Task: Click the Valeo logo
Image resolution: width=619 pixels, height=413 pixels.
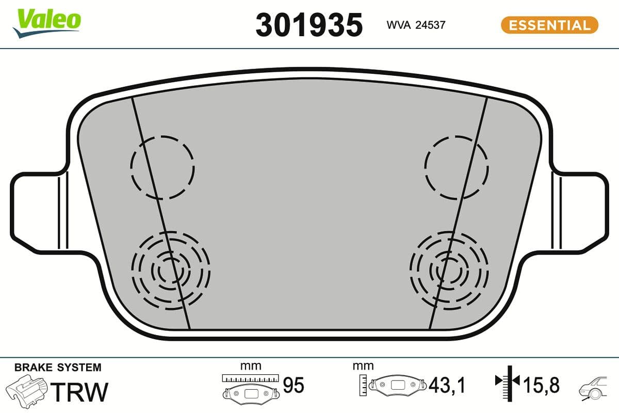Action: point(47,22)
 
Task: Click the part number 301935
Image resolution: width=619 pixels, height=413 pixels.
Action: point(309,24)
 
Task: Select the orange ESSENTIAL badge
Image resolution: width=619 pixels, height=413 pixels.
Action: point(549,25)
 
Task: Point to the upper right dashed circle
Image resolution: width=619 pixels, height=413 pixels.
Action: point(457,167)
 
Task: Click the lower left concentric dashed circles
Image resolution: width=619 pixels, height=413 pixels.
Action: point(171,270)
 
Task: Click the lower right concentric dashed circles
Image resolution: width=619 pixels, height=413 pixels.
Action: point(448,270)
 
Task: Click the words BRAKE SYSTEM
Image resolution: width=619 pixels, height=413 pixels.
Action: point(58,368)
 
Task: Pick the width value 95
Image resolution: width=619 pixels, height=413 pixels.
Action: point(294,385)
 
